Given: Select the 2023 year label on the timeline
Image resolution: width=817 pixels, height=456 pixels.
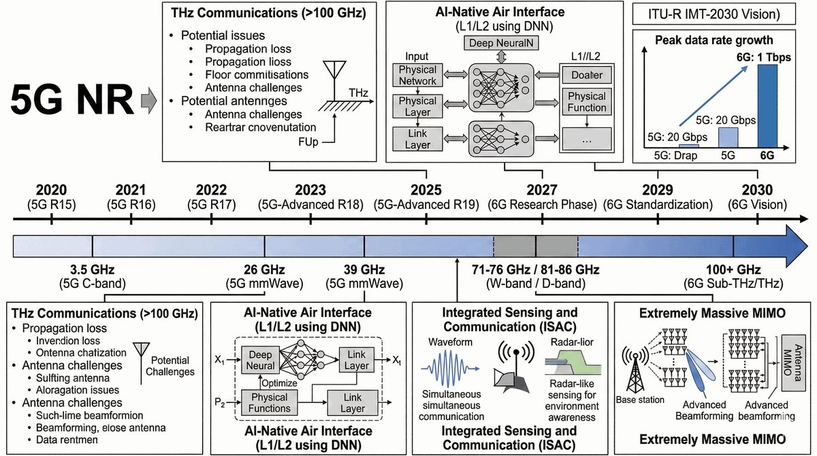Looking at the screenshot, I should coord(311,190).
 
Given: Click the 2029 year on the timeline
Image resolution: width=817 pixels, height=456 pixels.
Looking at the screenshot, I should coord(658,190).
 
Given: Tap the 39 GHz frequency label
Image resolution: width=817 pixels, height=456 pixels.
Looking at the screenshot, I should coord(364,270).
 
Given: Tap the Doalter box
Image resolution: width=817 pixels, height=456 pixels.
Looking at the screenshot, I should coord(586,76).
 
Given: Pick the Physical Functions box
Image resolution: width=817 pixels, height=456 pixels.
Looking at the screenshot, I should coord(271,402).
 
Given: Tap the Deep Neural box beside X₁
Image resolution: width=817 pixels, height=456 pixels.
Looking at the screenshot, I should coord(261,360).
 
